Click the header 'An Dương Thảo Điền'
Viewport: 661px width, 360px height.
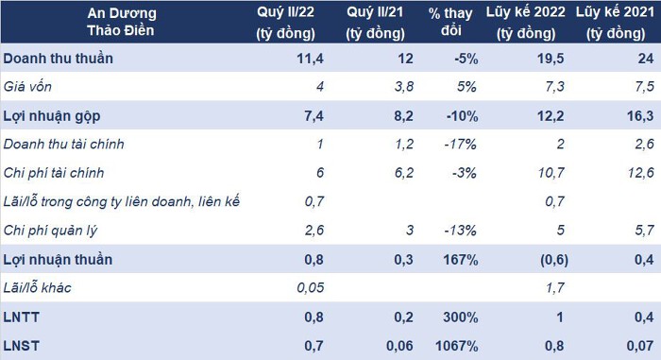tap(122, 22)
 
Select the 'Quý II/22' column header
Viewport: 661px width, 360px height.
tap(285, 23)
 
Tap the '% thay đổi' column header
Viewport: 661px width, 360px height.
tap(450, 22)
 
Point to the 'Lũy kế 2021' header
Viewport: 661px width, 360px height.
tap(615, 23)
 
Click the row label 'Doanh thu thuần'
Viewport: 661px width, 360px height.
tap(59, 59)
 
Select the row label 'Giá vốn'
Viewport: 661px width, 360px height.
tap(27, 87)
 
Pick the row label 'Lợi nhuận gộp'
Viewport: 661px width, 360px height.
tap(51, 116)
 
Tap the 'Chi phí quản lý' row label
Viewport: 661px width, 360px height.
tap(50, 231)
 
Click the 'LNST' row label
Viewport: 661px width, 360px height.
tap(21, 346)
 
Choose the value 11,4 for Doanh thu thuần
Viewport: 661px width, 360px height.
tap(310, 59)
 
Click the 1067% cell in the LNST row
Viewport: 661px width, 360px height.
tap(456, 346)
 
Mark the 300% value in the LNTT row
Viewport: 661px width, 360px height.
tap(461, 317)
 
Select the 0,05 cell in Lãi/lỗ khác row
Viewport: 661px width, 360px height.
tap(311, 288)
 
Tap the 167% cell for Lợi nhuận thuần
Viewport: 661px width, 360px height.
tap(461, 260)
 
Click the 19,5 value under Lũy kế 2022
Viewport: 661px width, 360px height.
tap(551, 59)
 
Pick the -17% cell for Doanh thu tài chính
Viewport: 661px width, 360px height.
tap(461, 145)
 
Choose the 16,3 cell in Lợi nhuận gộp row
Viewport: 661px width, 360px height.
tap(640, 116)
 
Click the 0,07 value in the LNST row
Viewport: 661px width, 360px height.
tap(640, 346)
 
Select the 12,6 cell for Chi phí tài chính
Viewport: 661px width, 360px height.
tap(641, 173)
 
